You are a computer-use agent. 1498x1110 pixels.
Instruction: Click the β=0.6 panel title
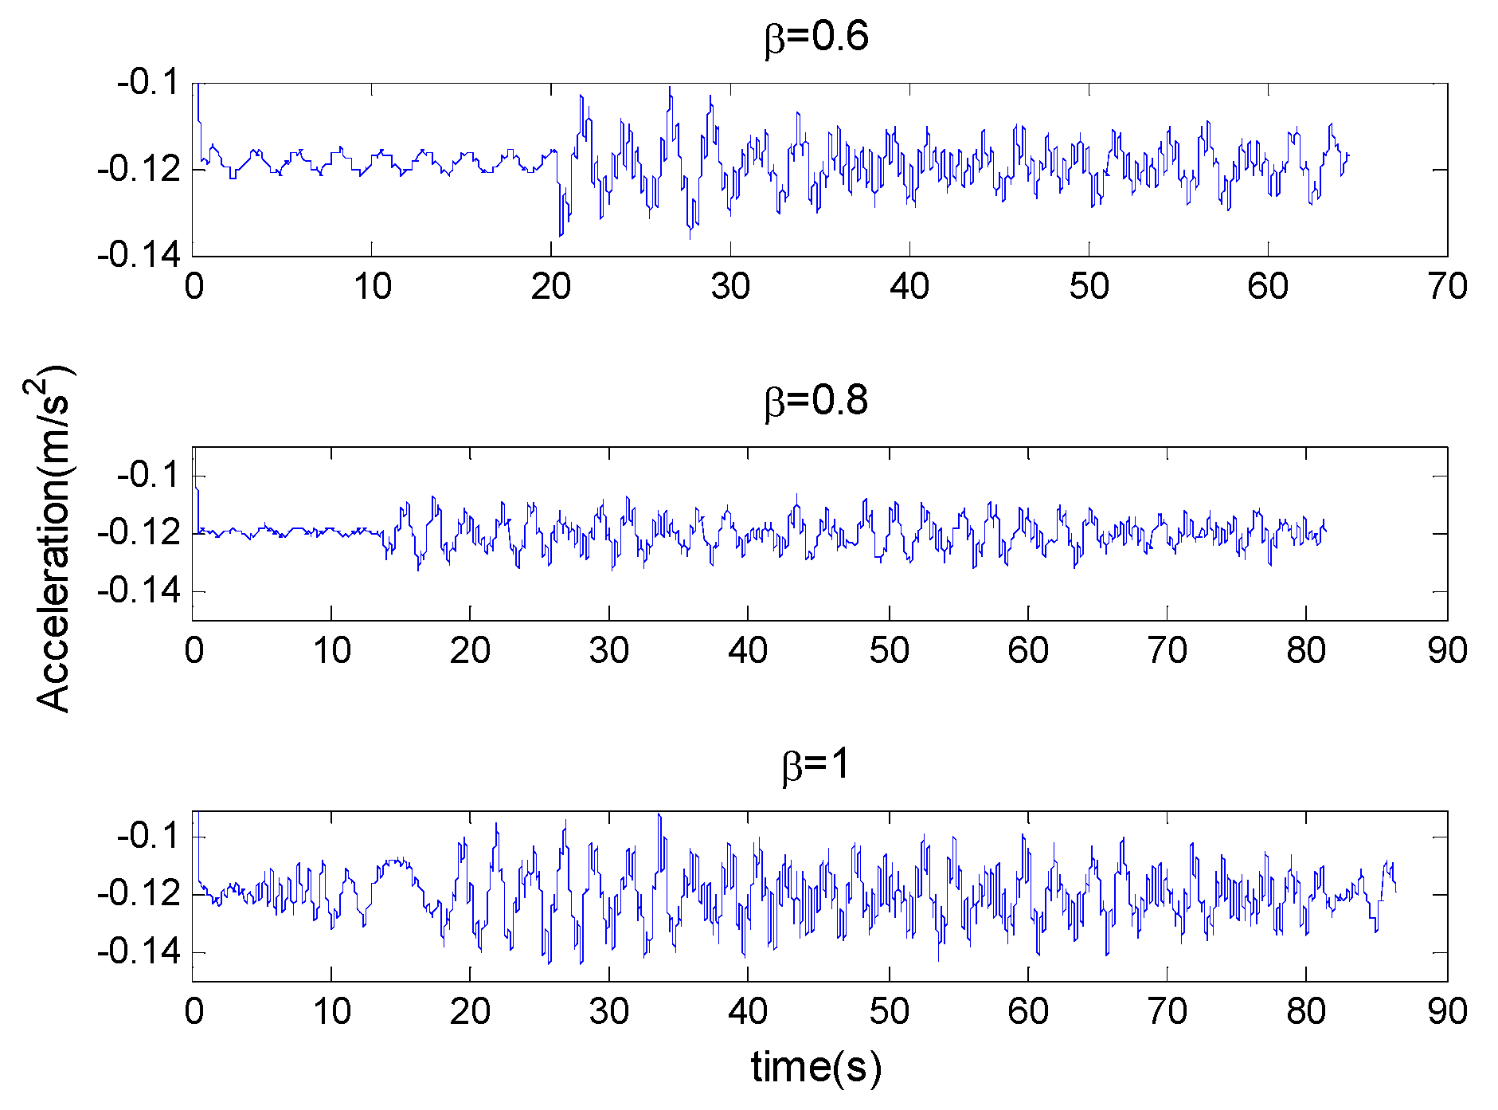(x=816, y=37)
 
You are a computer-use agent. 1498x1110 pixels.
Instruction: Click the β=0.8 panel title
(x=816, y=401)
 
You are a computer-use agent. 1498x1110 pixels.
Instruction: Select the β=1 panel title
(x=816, y=765)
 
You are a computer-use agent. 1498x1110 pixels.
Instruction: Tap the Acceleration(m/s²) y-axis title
(x=54, y=539)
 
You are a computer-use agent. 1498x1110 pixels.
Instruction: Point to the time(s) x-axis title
(x=816, y=1067)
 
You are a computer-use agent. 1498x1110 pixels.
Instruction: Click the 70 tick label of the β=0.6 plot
(x=1447, y=286)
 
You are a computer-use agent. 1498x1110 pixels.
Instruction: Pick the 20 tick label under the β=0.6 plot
(x=551, y=286)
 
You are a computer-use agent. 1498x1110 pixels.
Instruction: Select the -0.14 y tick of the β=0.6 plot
(x=139, y=256)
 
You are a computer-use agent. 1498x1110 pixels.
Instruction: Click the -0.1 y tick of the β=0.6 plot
(x=148, y=82)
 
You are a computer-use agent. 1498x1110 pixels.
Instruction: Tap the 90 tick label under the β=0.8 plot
(x=1447, y=651)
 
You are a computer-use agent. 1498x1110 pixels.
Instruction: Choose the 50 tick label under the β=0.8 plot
(x=889, y=651)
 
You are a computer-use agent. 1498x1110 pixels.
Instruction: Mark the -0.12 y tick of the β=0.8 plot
(x=139, y=532)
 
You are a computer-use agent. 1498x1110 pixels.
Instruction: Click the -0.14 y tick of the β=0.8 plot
(x=139, y=591)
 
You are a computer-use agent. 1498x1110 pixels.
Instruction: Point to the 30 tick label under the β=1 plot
(x=609, y=1012)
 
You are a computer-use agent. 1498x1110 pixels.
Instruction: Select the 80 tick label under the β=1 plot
(x=1306, y=1012)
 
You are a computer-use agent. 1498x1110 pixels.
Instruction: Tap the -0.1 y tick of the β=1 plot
(x=148, y=836)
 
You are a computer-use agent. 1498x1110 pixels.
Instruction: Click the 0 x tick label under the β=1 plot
(x=194, y=1012)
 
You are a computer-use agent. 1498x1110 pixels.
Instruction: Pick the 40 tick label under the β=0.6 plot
(x=909, y=286)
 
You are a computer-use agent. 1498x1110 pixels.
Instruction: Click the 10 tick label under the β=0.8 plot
(x=331, y=651)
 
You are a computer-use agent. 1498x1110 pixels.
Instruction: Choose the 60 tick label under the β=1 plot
(x=1028, y=1012)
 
